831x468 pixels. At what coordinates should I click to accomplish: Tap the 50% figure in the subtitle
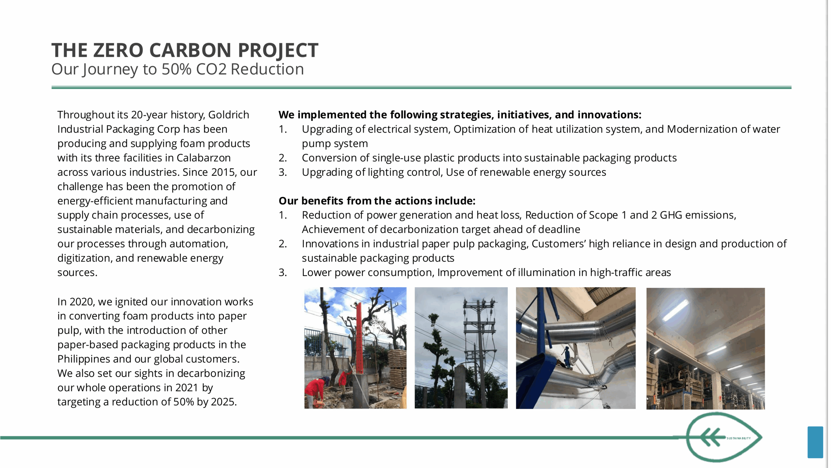coord(177,69)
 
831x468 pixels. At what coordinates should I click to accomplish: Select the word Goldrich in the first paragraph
coord(229,115)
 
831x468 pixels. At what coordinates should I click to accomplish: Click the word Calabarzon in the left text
coord(204,158)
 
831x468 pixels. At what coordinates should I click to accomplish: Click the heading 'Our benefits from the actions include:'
coord(377,201)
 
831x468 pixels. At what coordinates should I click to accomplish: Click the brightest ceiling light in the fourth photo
coord(676,311)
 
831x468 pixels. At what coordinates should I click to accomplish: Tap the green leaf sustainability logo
coord(724,437)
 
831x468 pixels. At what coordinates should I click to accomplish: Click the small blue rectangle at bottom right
coord(815,442)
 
